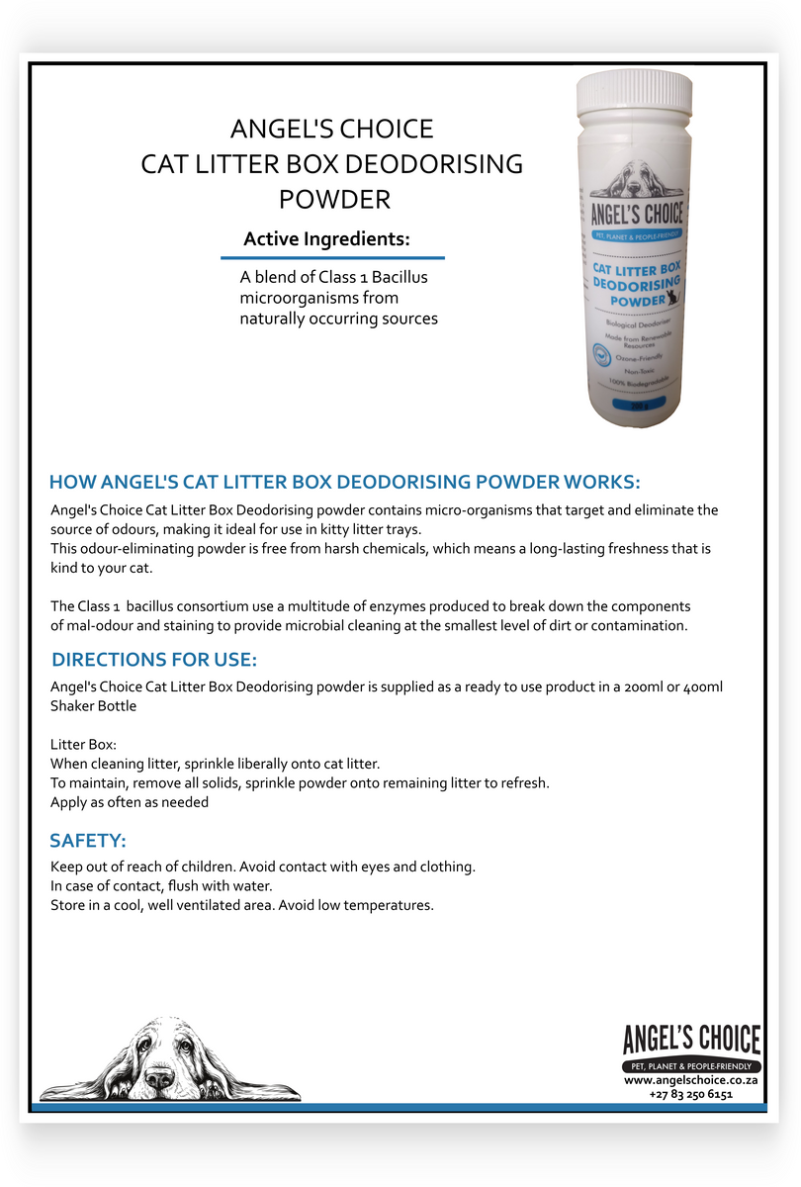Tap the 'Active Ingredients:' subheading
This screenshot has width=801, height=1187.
[x=326, y=239]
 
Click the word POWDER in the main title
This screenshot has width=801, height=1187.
[x=334, y=199]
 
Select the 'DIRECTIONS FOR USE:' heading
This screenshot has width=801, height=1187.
[x=154, y=660]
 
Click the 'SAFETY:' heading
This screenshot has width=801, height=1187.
[x=88, y=841]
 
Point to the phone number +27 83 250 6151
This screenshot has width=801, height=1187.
[x=691, y=1095]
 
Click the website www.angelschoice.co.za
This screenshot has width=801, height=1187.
[x=691, y=1081]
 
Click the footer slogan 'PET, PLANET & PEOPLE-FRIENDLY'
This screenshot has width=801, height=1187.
[x=691, y=1067]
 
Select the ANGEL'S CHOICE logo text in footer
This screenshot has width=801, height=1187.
[x=691, y=1041]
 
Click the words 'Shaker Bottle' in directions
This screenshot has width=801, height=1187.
[x=94, y=706]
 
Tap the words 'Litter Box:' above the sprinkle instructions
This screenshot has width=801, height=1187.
[x=84, y=744]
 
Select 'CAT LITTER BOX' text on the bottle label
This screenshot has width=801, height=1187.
[x=637, y=267]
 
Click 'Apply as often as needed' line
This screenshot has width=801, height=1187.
[x=130, y=802]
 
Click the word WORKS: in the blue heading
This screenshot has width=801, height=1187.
[x=602, y=482]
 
